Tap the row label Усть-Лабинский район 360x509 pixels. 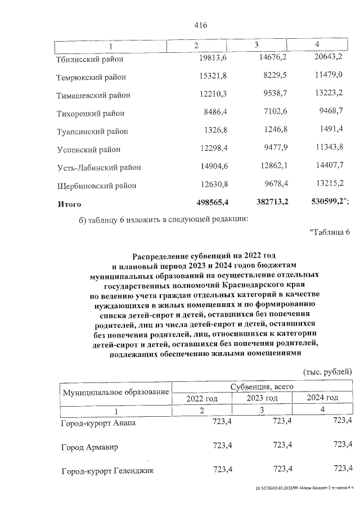(x=98, y=167)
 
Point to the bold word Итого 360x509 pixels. (x=69, y=204)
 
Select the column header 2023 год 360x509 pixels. (x=262, y=398)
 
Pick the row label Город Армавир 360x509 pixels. (x=89, y=447)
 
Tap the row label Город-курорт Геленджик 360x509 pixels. (x=107, y=471)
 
